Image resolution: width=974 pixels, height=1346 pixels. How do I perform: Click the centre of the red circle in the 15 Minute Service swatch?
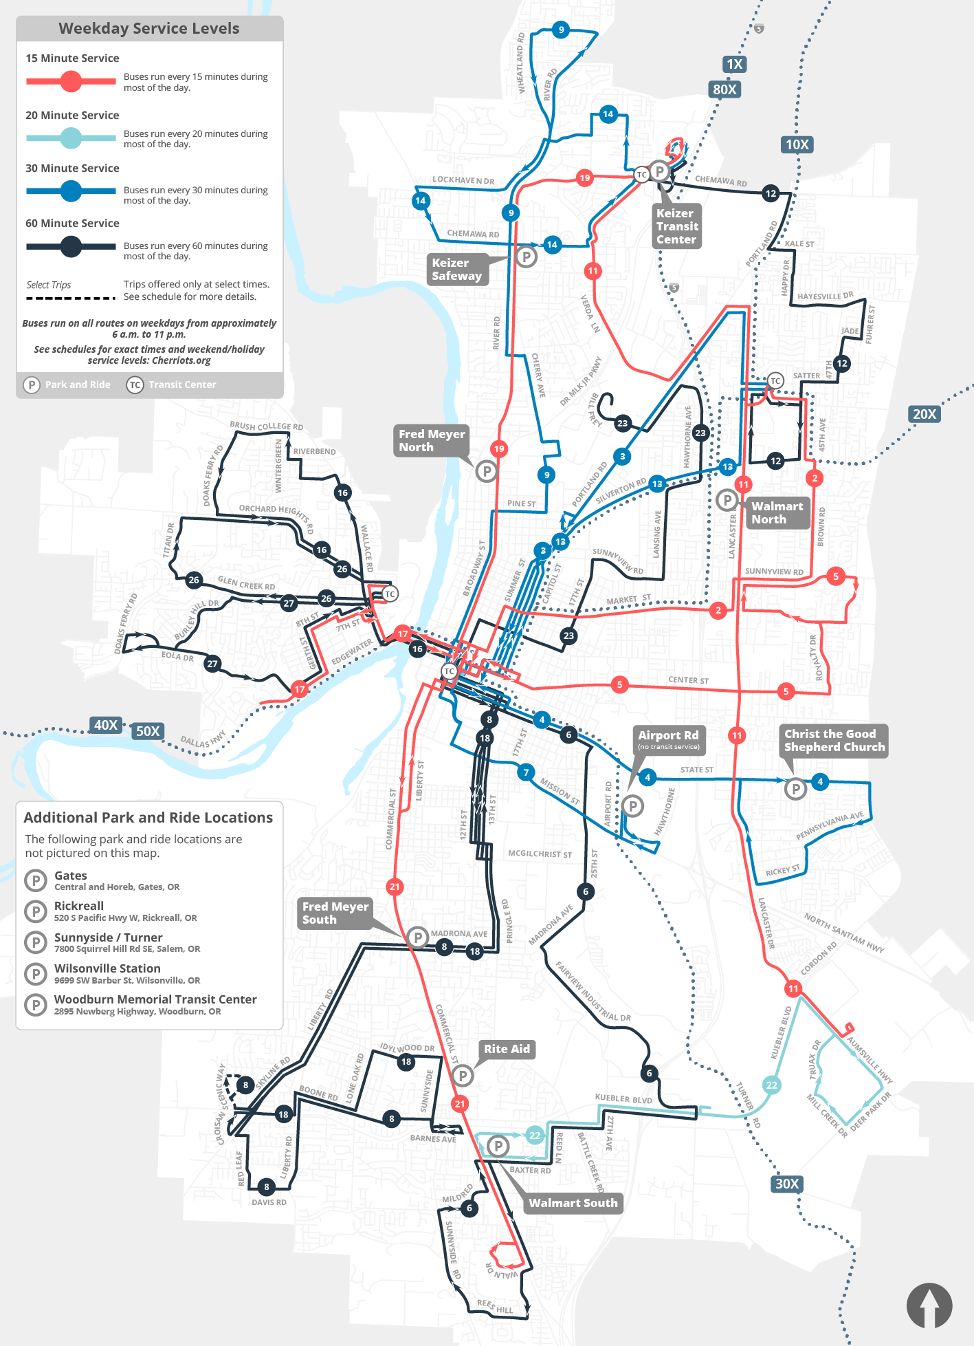(x=71, y=81)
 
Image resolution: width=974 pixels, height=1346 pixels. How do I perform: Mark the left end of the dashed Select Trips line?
(x=26, y=298)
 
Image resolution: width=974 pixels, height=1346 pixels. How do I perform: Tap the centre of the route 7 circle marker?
(x=526, y=772)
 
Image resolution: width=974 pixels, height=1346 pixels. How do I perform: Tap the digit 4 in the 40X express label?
(x=99, y=725)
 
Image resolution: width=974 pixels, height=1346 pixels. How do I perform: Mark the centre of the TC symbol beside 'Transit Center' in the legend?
(x=135, y=384)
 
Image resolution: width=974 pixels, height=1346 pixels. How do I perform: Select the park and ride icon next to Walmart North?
(x=727, y=500)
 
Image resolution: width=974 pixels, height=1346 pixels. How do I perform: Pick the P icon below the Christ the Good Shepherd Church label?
(x=795, y=788)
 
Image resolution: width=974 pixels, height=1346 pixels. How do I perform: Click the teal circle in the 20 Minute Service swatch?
(x=71, y=138)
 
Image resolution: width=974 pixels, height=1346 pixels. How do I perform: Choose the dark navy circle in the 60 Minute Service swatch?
(x=71, y=246)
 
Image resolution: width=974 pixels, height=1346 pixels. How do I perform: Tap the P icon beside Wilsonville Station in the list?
(x=35, y=974)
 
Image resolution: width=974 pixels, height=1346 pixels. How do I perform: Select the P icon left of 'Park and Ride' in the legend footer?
(x=32, y=384)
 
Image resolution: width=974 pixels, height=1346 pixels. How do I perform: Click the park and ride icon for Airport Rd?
(x=632, y=805)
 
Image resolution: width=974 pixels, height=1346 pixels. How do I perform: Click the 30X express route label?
(x=787, y=1184)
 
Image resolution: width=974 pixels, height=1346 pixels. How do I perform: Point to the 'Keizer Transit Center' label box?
(x=676, y=226)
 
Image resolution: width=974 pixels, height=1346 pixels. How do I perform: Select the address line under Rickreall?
(x=126, y=918)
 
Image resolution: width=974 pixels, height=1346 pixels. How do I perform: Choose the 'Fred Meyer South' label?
(x=335, y=913)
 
